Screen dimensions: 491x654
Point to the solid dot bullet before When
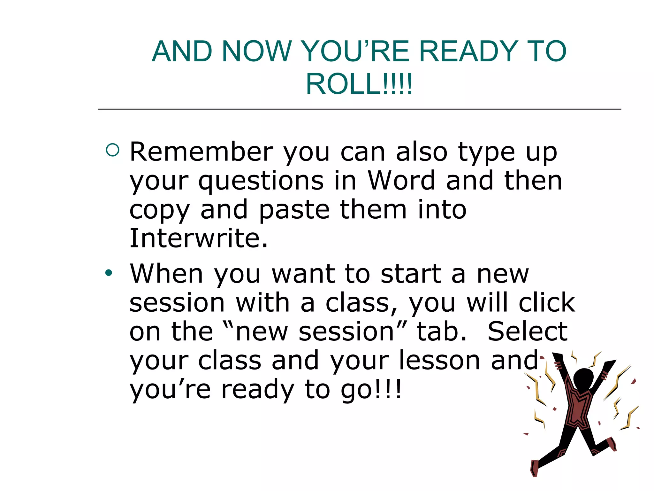coord(109,273)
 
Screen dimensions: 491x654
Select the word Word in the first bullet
coord(401,181)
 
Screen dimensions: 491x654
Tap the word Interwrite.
coord(198,238)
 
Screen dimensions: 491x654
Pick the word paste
coord(294,210)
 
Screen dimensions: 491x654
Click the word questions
coord(261,182)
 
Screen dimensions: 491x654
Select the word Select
coord(528,331)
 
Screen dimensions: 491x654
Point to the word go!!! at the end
coord(371,390)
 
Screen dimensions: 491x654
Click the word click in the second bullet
coord(547,303)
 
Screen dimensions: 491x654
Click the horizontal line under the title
coord(359,109)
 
